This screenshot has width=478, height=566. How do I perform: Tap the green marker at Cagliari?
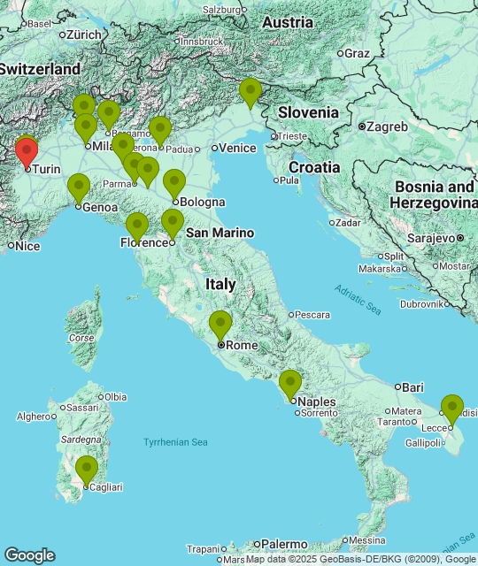(86, 469)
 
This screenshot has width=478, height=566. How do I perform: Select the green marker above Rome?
(220, 325)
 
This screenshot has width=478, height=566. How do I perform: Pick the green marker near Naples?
(290, 384)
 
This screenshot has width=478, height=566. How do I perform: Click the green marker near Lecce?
(452, 409)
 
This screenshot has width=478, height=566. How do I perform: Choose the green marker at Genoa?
(79, 188)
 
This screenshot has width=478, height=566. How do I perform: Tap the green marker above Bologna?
(174, 183)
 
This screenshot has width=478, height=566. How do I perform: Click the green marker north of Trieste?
(251, 92)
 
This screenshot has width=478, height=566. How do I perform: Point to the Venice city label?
(236, 149)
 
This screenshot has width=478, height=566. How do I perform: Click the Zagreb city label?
(387, 126)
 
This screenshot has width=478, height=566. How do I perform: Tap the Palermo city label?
(283, 544)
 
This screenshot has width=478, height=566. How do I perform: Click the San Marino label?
(220, 233)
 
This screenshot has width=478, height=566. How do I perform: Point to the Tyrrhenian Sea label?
(175, 442)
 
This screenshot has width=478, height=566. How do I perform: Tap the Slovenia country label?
(308, 112)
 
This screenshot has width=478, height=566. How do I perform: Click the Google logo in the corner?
(29, 555)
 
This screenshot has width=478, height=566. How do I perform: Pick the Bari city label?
(412, 387)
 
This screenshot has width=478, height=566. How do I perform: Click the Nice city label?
(27, 246)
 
